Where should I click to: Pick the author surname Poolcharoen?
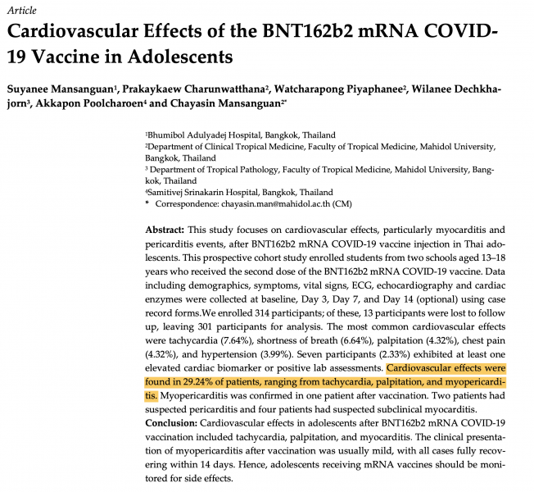coord(134,103)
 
